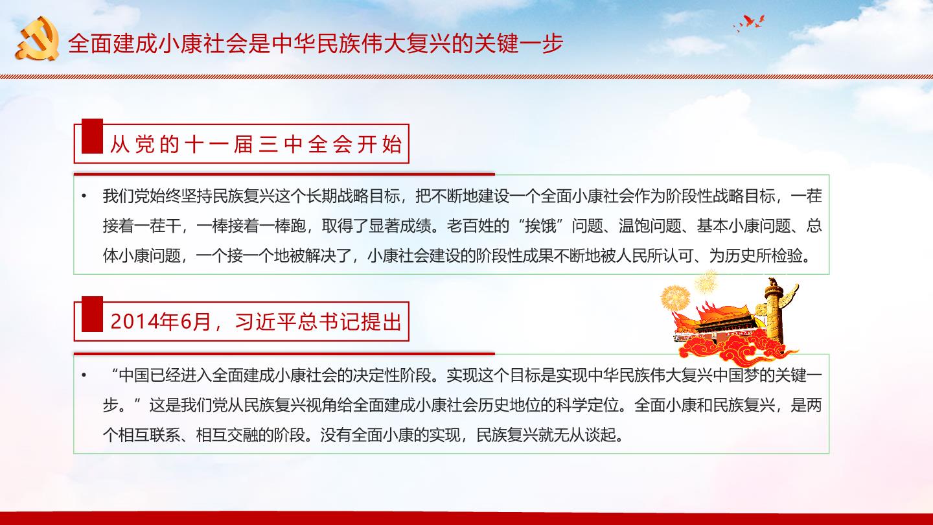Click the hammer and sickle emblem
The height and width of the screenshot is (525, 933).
38,39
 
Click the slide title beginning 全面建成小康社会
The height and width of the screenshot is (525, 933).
316,43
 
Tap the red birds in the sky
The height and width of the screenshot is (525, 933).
750,23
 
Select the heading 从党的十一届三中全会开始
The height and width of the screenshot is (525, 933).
256,145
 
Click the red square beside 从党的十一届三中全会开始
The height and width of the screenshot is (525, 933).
92,136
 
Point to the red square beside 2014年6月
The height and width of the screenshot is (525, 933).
92,314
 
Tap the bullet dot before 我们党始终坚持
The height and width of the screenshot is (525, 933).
84,196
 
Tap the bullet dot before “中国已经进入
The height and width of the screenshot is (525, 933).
84,375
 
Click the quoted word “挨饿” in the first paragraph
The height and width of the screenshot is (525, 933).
540,226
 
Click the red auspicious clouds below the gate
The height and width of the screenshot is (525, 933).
733,350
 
